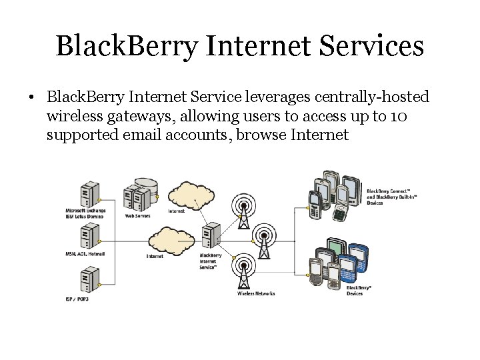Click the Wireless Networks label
click(x=256, y=293)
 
